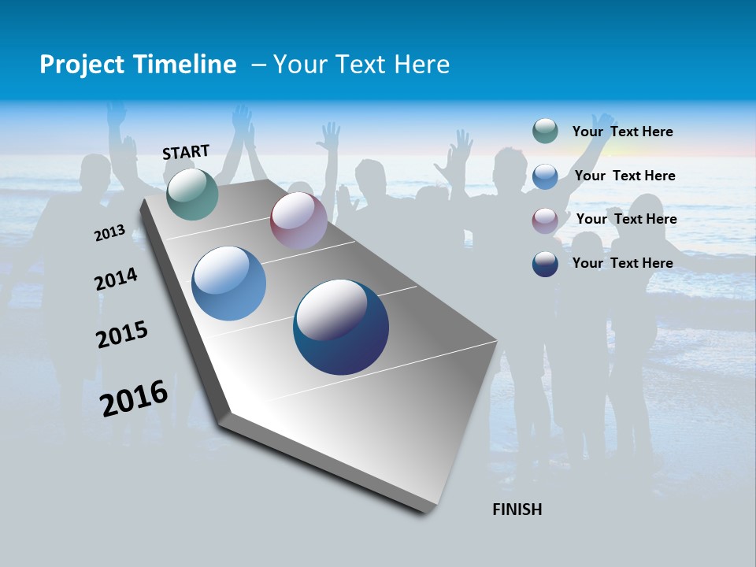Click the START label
186,152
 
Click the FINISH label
517,510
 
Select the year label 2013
109,233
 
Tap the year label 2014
116,280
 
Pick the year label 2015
122,335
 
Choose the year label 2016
134,398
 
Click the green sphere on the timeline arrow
192,194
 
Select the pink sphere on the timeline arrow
298,220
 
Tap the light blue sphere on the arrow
229,283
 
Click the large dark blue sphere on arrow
341,327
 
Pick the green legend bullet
545,132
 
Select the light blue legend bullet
545,176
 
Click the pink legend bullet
545,220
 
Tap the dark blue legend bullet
545,264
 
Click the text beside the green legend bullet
622,132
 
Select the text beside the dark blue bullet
622,263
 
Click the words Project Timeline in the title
138,65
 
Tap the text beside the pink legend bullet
626,219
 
